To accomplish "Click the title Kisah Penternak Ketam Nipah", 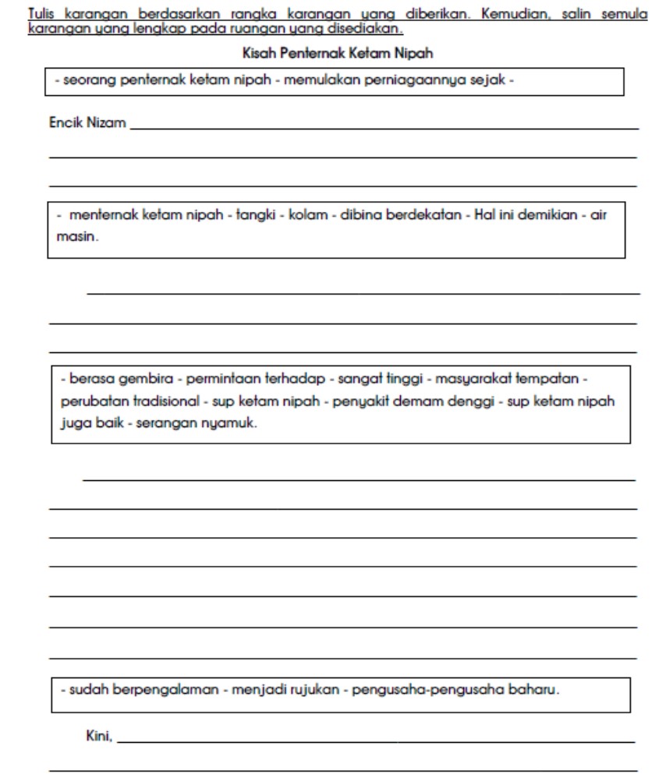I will [332, 55].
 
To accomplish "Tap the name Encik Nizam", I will [88, 122].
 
